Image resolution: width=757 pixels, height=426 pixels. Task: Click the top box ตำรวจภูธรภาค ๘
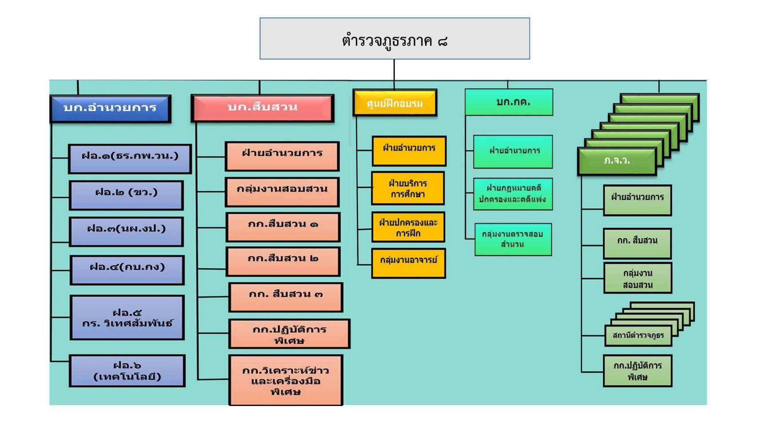tap(394, 39)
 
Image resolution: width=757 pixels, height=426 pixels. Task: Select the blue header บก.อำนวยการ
tap(110, 108)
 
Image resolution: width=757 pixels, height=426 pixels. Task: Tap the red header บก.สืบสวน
tap(262, 107)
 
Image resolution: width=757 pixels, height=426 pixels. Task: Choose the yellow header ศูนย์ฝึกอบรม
tap(394, 103)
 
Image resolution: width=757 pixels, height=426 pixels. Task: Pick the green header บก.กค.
tap(509, 102)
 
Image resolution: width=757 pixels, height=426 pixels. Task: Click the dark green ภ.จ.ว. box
tap(617, 161)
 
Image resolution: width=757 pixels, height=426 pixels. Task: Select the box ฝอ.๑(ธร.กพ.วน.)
tap(130, 158)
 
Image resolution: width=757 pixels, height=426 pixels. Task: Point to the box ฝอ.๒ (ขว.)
tap(126, 194)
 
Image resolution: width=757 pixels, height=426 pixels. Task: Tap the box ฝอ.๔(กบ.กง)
tap(127, 269)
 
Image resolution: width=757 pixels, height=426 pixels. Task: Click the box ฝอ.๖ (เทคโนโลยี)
tap(127, 371)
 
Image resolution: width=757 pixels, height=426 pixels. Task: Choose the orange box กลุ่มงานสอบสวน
tap(282, 191)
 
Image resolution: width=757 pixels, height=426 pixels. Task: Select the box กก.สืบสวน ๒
tap(283, 260)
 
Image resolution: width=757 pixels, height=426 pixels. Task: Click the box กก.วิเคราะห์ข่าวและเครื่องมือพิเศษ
tap(286, 380)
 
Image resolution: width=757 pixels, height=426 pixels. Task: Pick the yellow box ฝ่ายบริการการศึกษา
tap(408, 188)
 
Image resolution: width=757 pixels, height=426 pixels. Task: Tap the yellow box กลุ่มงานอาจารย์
tap(408, 263)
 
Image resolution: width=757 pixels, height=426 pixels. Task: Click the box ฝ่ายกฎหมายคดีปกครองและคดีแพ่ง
tap(513, 194)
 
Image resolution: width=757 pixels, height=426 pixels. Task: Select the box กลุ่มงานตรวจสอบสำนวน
tap(513, 239)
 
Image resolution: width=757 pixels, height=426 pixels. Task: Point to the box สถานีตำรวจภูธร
tap(638, 336)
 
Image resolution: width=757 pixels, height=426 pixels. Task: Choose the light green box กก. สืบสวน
tap(637, 242)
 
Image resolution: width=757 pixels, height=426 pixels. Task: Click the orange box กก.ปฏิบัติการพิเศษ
tap(289, 334)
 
